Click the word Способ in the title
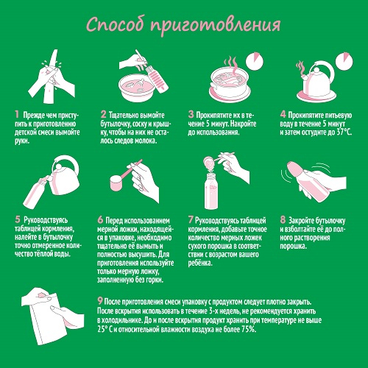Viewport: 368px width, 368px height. coord(115,24)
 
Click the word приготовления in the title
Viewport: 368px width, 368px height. coord(216,26)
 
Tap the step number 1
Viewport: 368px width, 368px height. coord(17,114)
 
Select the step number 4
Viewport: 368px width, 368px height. coord(283,114)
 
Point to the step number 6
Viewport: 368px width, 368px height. coord(100,219)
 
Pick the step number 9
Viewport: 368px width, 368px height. coord(100,300)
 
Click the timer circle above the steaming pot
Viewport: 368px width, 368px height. coord(255,60)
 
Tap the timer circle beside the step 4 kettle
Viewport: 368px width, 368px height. coord(344,61)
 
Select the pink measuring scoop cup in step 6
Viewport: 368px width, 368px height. coord(117,183)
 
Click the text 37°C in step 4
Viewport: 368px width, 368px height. coord(344,132)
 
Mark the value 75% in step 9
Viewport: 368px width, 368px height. coord(249,329)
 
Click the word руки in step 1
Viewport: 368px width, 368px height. coord(22,141)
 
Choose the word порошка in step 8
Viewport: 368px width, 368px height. coord(294,246)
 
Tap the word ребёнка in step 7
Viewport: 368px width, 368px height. coord(200,263)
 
